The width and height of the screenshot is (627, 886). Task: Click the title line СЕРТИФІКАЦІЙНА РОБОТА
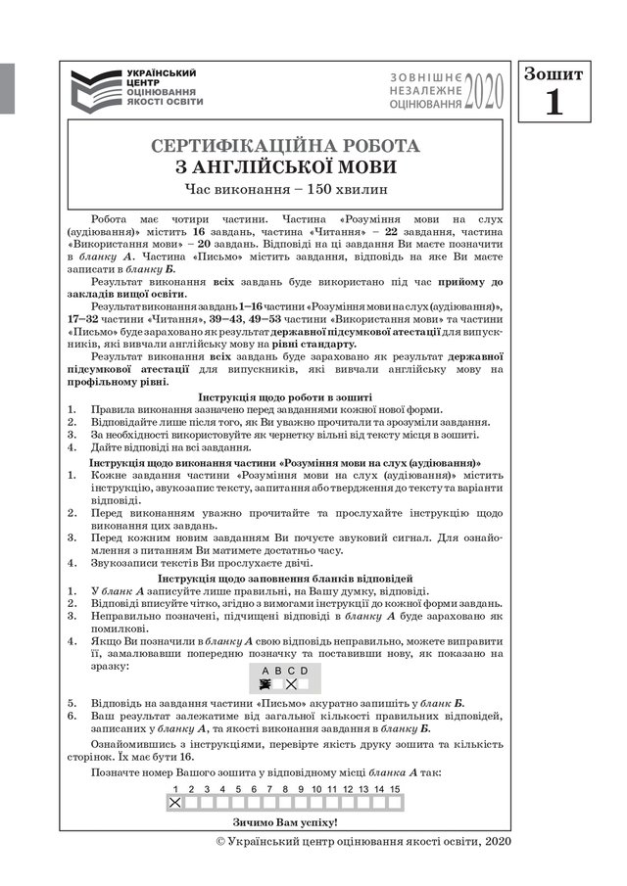click(x=286, y=146)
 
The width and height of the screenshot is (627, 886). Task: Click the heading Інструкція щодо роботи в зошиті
click(x=285, y=396)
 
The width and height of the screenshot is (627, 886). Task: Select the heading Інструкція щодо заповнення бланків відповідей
click(x=285, y=580)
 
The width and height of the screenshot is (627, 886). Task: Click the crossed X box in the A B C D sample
click(x=290, y=684)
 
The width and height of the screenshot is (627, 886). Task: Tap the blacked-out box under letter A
click(x=265, y=684)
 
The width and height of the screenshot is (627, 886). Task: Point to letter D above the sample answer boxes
click(x=304, y=671)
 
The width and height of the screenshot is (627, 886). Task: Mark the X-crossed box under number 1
click(x=175, y=803)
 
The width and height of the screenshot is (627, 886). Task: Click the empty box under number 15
click(x=395, y=803)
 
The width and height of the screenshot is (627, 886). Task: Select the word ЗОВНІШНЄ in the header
click(x=424, y=76)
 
